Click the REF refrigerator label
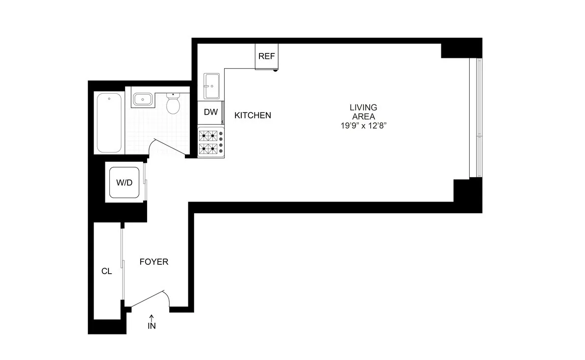click(266, 56)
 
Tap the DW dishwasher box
click(210, 112)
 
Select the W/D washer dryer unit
click(125, 183)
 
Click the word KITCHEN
click(253, 116)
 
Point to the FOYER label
click(154, 262)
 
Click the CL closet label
click(106, 271)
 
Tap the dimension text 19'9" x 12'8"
click(363, 126)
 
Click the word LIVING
click(363, 107)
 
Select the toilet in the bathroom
click(173, 103)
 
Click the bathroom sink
click(142, 100)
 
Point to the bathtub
click(109, 123)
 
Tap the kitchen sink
click(212, 87)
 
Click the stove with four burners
click(211, 142)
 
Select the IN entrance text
click(152, 326)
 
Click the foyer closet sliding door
click(123, 265)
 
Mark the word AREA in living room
click(363, 116)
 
